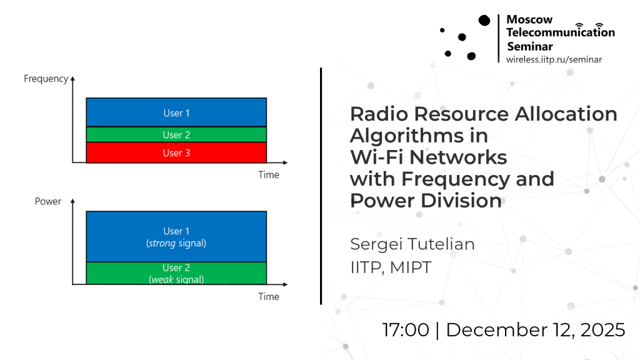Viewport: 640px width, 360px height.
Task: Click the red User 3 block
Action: [x=176, y=152]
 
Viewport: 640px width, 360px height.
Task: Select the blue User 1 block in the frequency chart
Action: [x=176, y=112]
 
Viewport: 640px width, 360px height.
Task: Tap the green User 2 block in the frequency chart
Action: [x=176, y=135]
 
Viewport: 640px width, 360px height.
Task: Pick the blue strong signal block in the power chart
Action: [x=176, y=237]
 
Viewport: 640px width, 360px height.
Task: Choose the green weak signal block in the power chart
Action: [x=176, y=273]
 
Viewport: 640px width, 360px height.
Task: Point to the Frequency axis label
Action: [x=46, y=79]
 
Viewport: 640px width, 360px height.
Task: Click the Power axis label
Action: [x=47, y=201]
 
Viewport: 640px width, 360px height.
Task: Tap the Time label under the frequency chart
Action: [x=269, y=175]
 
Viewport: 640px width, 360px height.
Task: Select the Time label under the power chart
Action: [x=269, y=297]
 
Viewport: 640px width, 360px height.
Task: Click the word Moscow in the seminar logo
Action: [x=529, y=19]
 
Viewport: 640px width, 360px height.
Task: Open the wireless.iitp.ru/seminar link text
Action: [x=554, y=59]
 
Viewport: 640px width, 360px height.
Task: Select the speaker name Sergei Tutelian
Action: [x=412, y=244]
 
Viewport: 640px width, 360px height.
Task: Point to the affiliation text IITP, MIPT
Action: [x=391, y=267]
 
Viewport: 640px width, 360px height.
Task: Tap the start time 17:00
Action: [x=406, y=330]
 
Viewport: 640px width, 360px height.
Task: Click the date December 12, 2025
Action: [x=536, y=330]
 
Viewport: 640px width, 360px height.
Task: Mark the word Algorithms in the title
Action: [x=406, y=136]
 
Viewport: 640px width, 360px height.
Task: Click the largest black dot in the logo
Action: [x=484, y=21]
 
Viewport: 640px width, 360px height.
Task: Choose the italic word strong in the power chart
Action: [x=162, y=243]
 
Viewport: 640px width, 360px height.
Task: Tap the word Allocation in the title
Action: [x=566, y=114]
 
